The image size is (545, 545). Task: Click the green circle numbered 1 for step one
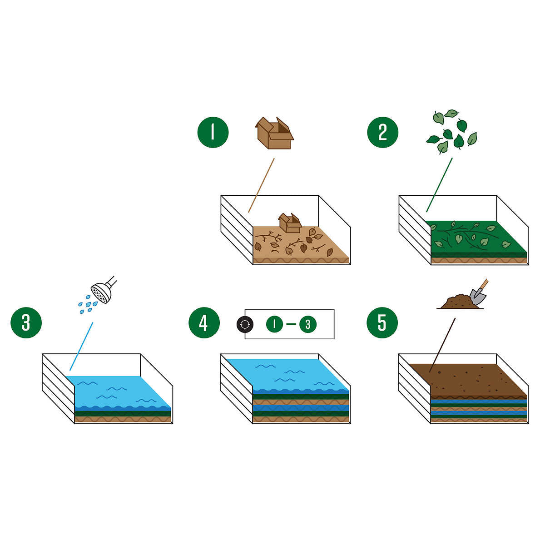213,132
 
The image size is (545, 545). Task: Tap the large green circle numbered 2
382,132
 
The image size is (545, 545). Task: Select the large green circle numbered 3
26,323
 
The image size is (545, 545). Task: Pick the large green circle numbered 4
204,323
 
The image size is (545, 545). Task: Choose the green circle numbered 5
382,323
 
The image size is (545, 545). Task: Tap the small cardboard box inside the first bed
290,223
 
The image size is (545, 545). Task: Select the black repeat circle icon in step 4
245,324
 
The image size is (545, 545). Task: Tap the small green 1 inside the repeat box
274,324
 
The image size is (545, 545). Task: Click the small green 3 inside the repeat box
308,324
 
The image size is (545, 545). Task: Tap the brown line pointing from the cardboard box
262,185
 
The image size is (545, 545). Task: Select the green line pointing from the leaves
439,185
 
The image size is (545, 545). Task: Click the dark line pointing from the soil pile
442,345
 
